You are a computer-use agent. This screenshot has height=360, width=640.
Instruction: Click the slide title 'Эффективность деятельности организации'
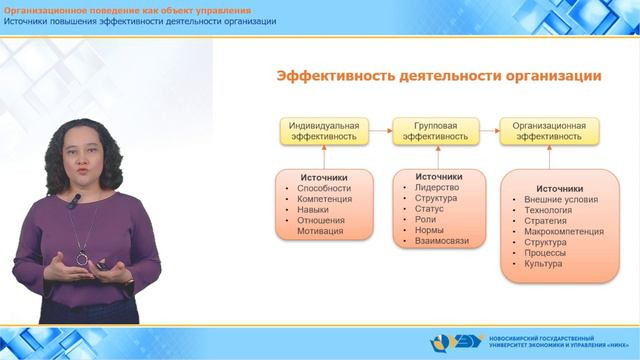tap(438, 76)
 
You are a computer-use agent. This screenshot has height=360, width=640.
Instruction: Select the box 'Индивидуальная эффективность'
tap(323, 131)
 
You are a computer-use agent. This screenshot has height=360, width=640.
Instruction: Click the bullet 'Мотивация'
tap(321, 231)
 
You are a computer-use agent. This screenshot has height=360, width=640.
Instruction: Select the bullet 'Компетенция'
tap(324, 198)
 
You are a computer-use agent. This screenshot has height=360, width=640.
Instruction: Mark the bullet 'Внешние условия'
tap(560, 199)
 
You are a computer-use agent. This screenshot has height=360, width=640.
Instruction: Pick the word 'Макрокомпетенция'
tap(564, 231)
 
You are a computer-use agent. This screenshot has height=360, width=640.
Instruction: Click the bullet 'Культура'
tap(543, 264)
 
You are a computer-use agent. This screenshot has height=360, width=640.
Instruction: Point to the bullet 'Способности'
tap(323, 187)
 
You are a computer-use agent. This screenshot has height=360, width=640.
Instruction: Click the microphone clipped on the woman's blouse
tap(73, 201)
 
